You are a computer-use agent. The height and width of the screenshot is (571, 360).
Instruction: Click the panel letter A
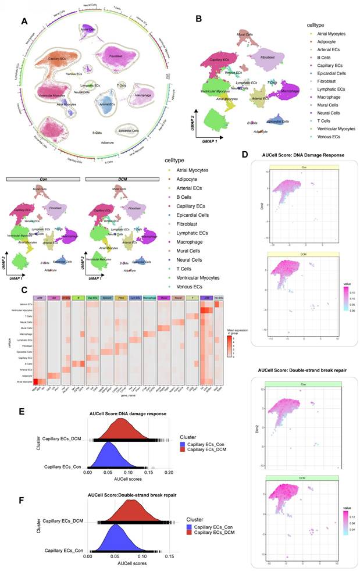24,22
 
